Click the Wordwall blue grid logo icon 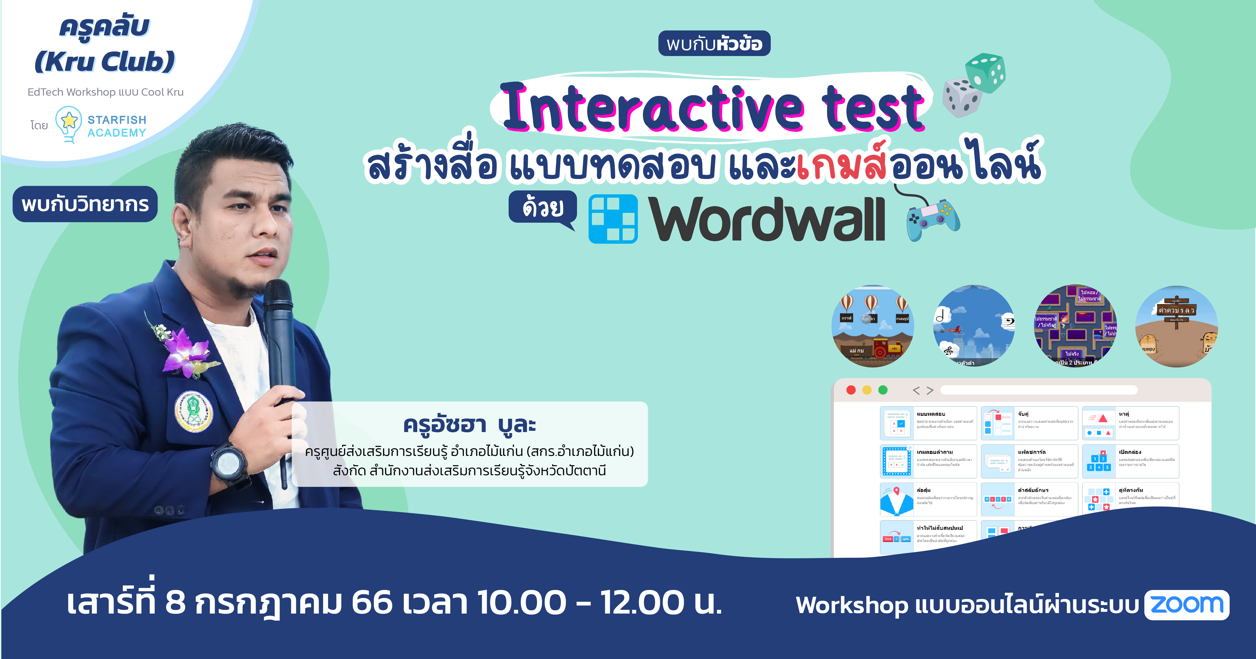(613, 219)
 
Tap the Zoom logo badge (1187, 605)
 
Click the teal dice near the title (985, 73)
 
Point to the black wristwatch (229, 461)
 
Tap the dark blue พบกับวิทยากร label (85, 204)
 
